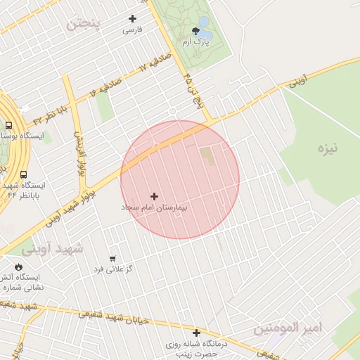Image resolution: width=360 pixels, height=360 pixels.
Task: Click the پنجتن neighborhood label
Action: (85, 24)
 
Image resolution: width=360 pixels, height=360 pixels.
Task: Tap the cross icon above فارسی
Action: (132, 18)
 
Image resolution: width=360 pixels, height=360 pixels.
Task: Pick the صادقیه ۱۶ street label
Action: (105, 87)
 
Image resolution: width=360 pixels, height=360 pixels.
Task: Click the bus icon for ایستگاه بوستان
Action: (8, 126)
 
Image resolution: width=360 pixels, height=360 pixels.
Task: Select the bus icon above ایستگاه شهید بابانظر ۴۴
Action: (24, 174)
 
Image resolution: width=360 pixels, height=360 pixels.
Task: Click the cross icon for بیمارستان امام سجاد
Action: (155, 196)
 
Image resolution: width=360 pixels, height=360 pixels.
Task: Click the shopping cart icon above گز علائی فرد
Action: (113, 259)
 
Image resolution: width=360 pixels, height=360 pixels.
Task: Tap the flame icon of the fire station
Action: (18, 266)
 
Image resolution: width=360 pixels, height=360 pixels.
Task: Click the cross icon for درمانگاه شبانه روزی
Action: (196, 333)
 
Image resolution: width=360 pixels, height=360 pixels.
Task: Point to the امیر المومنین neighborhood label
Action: (288, 327)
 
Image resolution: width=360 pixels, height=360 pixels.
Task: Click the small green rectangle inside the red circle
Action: (206, 157)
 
